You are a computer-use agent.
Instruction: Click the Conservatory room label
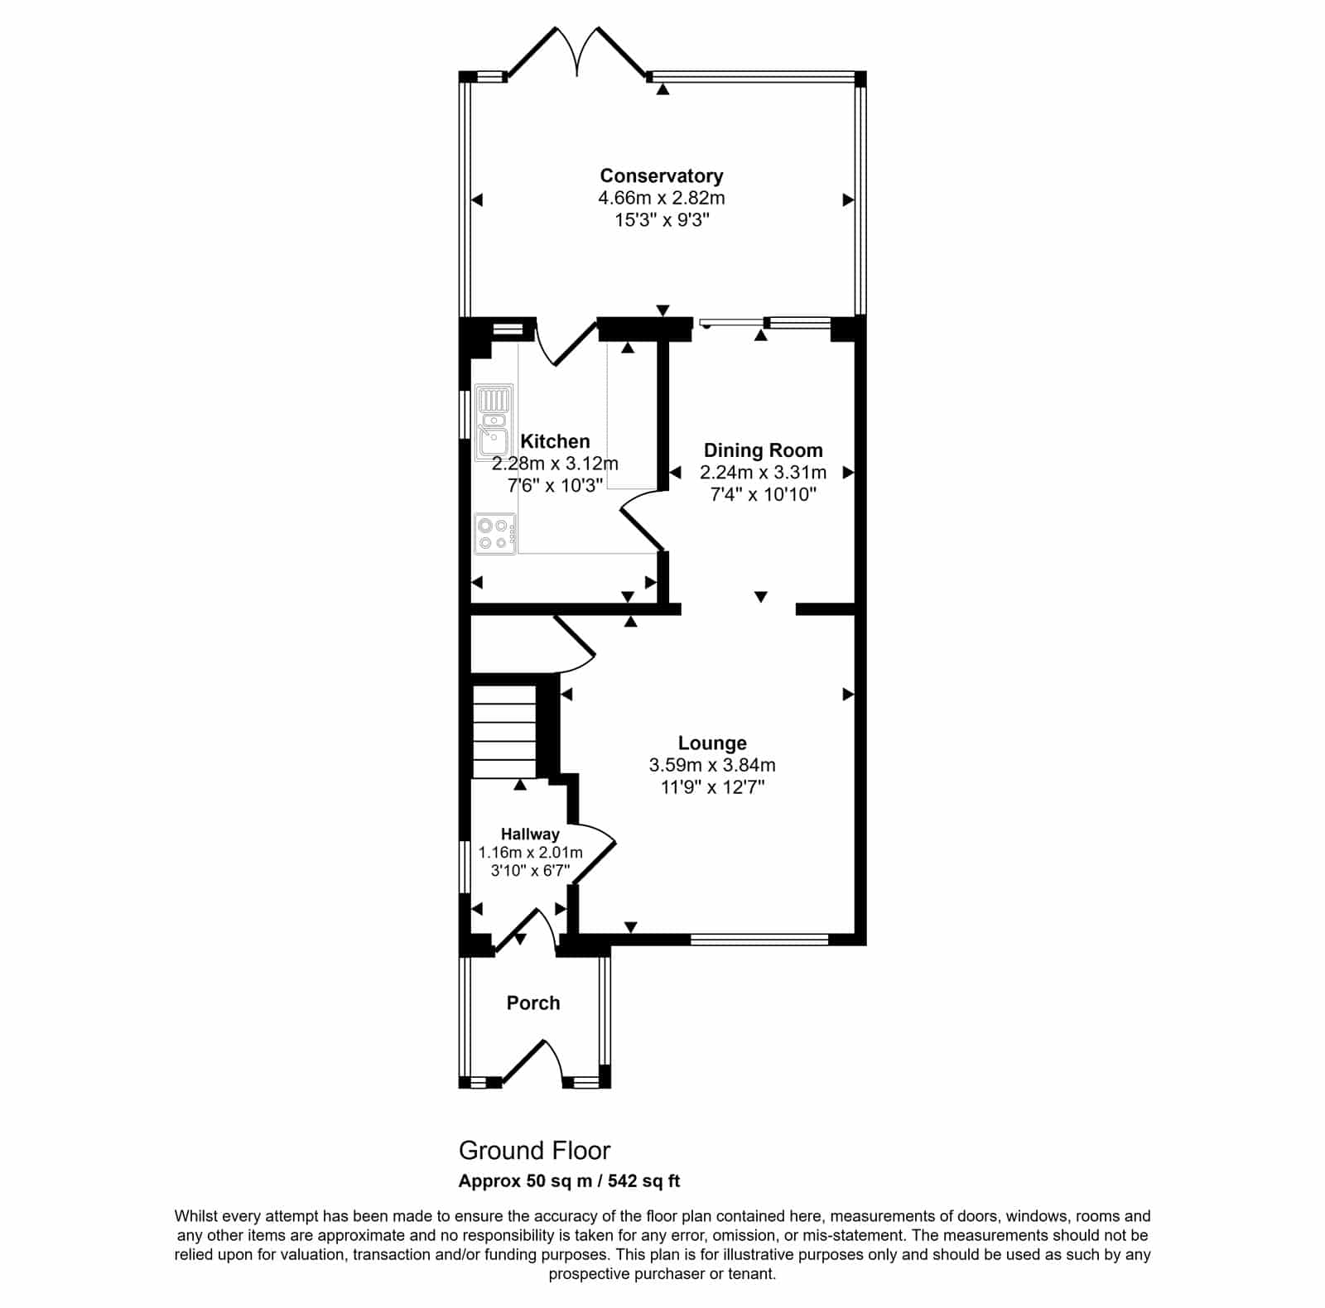tap(662, 176)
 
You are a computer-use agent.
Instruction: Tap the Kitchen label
tap(555, 441)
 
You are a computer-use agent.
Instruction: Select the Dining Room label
tap(764, 450)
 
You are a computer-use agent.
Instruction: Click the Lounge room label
tap(712, 743)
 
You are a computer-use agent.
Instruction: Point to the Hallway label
tap(530, 834)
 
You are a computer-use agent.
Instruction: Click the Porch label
tap(533, 1003)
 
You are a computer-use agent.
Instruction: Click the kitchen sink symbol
tap(494, 422)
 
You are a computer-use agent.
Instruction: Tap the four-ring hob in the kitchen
tap(495, 534)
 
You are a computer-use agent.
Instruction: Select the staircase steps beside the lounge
tap(503, 729)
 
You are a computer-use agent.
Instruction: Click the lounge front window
tap(759, 939)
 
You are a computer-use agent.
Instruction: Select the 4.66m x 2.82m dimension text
tap(662, 198)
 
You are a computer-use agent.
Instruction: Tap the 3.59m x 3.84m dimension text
tap(712, 765)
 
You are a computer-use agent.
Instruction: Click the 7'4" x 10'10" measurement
tap(764, 494)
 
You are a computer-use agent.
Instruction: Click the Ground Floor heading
tap(534, 1150)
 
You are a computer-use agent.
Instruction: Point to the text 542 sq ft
tap(644, 1181)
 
